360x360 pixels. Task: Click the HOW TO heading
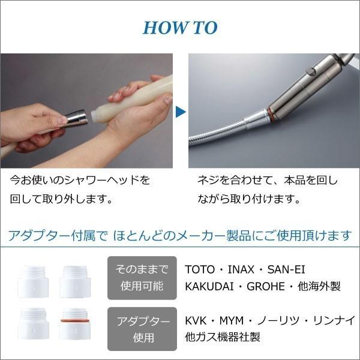coord(180,28)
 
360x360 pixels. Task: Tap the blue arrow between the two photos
coord(180,111)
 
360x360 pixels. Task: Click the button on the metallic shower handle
coord(311,73)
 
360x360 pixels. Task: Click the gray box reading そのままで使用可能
coord(142,277)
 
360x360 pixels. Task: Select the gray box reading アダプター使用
coord(142,329)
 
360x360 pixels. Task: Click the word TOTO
coord(200,270)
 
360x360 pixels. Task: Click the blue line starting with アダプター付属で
coord(179,235)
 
